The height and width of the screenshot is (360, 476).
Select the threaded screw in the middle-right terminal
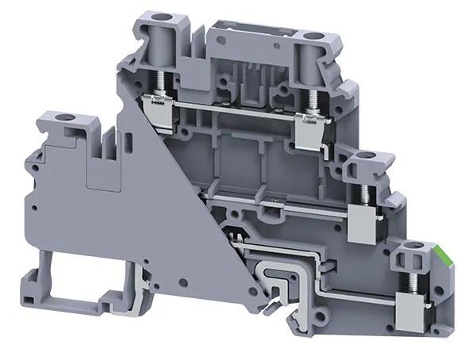tap(367, 195)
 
